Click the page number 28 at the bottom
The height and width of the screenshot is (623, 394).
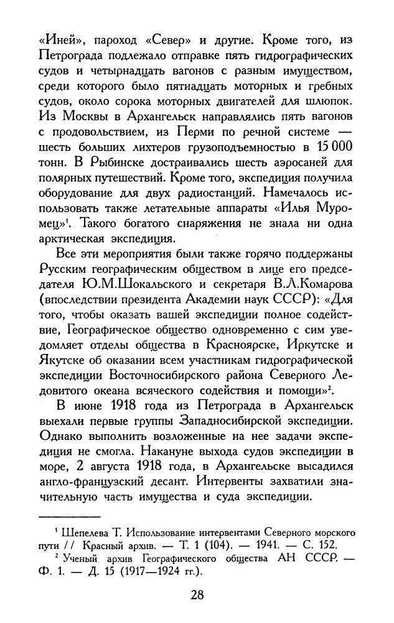tap(197, 594)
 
